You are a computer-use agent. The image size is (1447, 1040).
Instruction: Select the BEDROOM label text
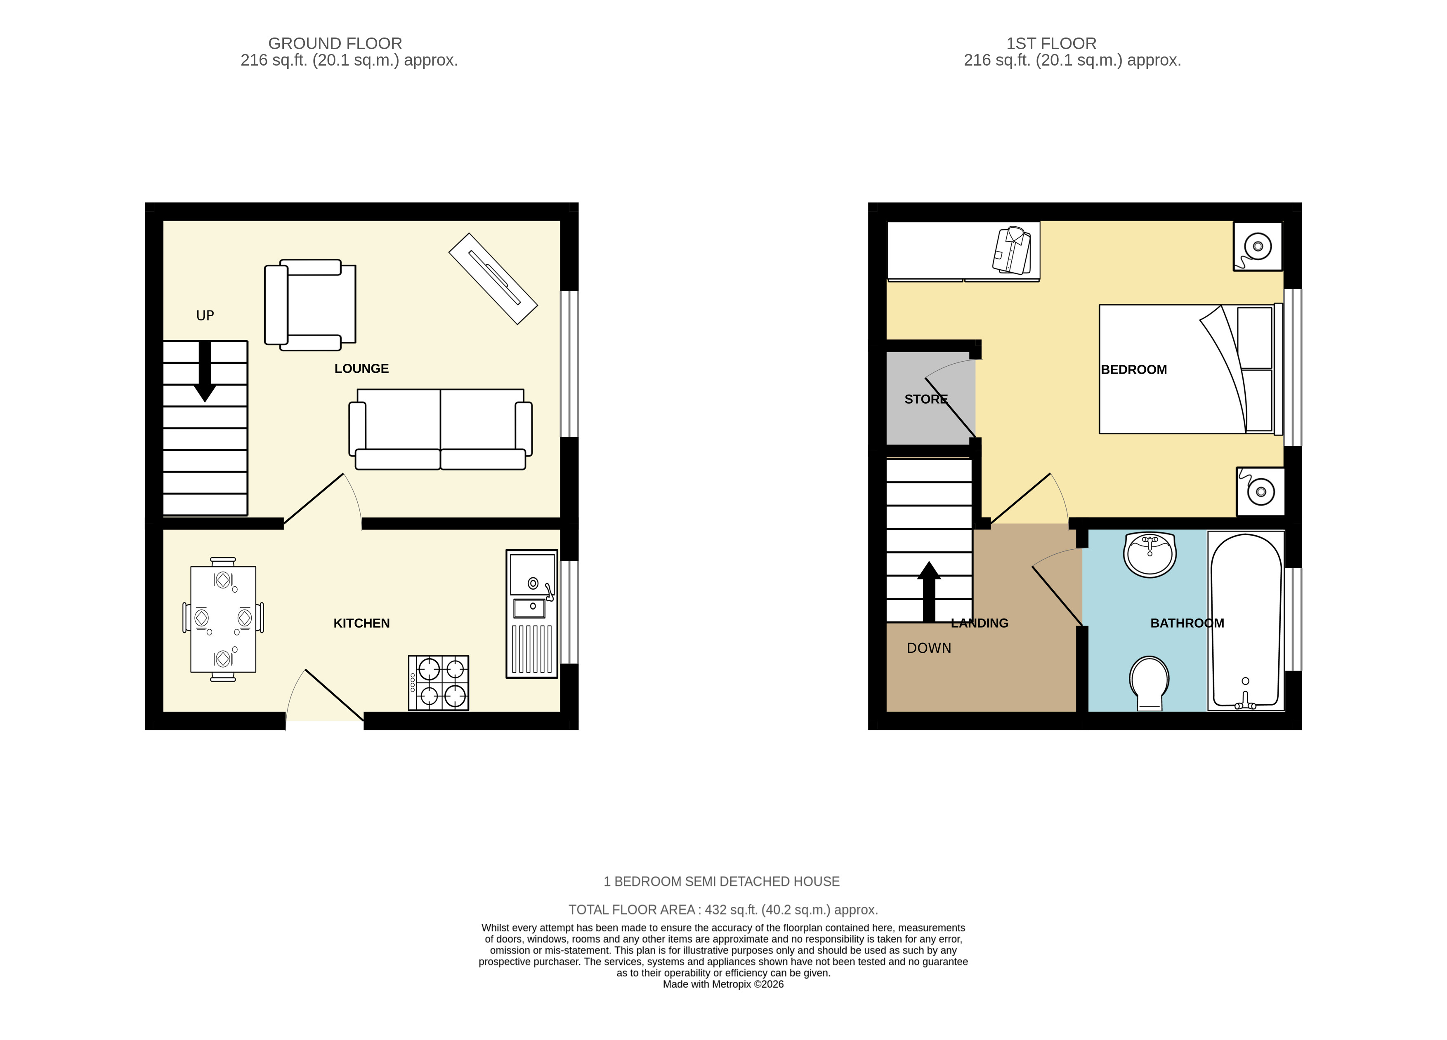pyautogui.click(x=1134, y=370)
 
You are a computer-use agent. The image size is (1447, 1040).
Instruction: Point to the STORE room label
pyautogui.click(x=926, y=399)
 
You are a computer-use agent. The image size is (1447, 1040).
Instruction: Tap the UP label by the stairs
pyautogui.click(x=205, y=315)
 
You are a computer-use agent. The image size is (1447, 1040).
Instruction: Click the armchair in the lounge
pyautogui.click(x=310, y=305)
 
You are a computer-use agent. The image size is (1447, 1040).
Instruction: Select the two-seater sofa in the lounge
pyautogui.click(x=440, y=429)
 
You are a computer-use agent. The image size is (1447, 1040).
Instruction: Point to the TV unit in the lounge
pyautogui.click(x=493, y=279)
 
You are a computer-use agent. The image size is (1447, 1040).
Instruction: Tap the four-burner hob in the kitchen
pyautogui.click(x=438, y=683)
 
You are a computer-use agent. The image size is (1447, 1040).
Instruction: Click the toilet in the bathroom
pyautogui.click(x=1149, y=684)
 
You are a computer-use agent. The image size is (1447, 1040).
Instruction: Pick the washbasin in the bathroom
pyautogui.click(x=1150, y=555)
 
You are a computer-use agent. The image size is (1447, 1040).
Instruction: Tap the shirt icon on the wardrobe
pyautogui.click(x=1012, y=251)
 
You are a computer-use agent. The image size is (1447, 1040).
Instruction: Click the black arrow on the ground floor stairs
pyautogui.click(x=205, y=372)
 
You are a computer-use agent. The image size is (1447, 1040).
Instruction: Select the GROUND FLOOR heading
pyautogui.click(x=335, y=43)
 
